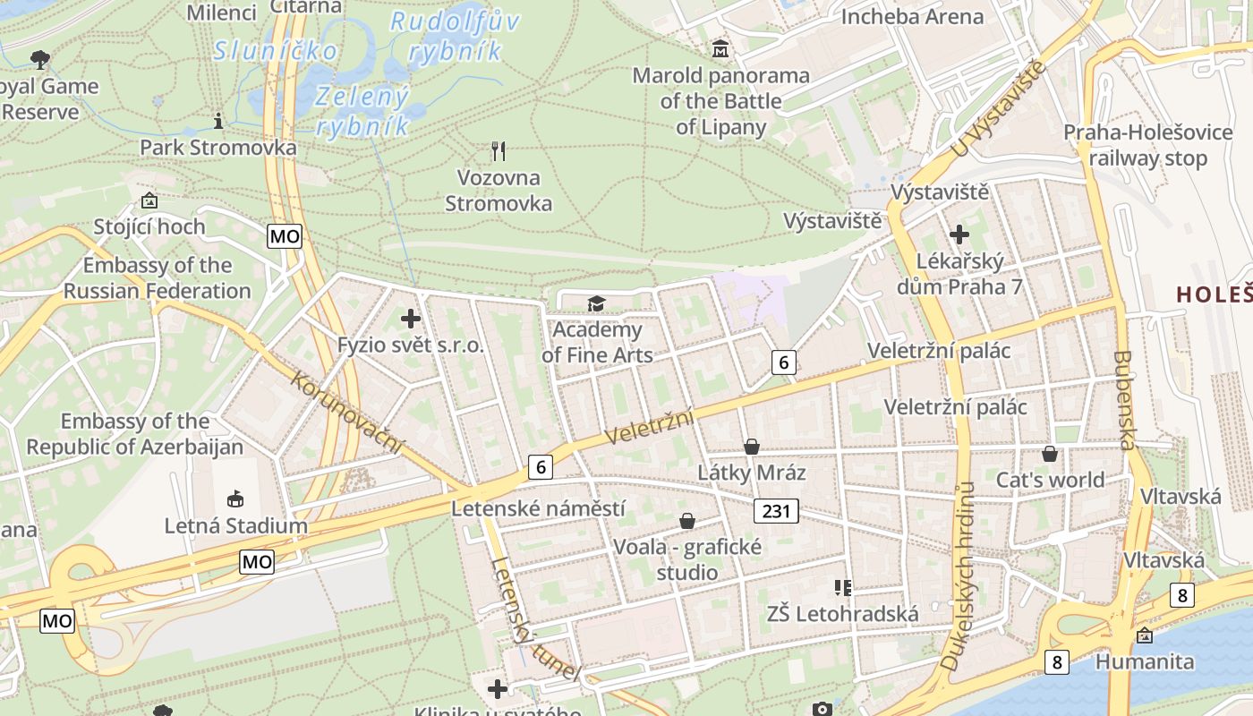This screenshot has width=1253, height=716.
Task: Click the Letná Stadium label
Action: (235, 525)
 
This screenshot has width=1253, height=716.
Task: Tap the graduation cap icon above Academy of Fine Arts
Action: (596, 304)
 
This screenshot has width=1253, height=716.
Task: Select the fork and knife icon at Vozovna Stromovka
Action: (499, 150)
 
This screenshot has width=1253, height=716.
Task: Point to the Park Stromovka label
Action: (217, 147)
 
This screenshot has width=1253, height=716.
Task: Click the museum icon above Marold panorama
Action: (720, 49)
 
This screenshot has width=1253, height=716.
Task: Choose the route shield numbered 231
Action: (775, 511)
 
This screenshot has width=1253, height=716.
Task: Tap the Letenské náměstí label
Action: (538, 508)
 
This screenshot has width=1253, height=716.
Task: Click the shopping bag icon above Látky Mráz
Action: (752, 446)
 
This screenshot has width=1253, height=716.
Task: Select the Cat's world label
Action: (1050, 480)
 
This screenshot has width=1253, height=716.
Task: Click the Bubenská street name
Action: (1124, 399)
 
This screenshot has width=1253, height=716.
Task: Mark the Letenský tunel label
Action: (534, 618)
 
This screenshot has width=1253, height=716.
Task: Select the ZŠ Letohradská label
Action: (842, 614)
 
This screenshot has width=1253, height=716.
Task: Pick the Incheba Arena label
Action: (912, 16)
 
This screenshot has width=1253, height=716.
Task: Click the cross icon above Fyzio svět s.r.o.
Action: (411, 318)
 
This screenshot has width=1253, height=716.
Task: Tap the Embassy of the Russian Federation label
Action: (157, 278)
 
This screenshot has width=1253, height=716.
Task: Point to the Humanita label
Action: (1145, 662)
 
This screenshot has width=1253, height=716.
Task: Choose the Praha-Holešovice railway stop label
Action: (1147, 145)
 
